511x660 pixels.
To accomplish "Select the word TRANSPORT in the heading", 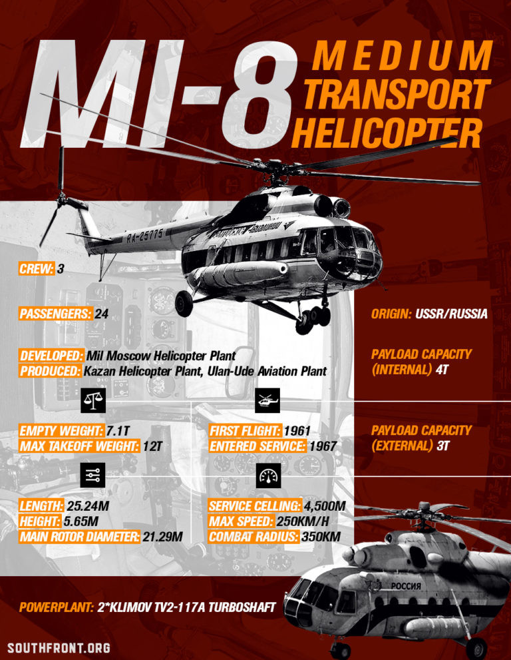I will coord(397,96).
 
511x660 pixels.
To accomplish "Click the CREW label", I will coord(37,269).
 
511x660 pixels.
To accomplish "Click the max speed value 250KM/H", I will coord(318,521).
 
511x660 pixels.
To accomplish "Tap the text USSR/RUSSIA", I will coord(452,314).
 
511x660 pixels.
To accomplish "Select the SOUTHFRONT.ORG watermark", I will coord(59,647).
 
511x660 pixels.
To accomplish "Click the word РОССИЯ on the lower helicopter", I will coord(406,586).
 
